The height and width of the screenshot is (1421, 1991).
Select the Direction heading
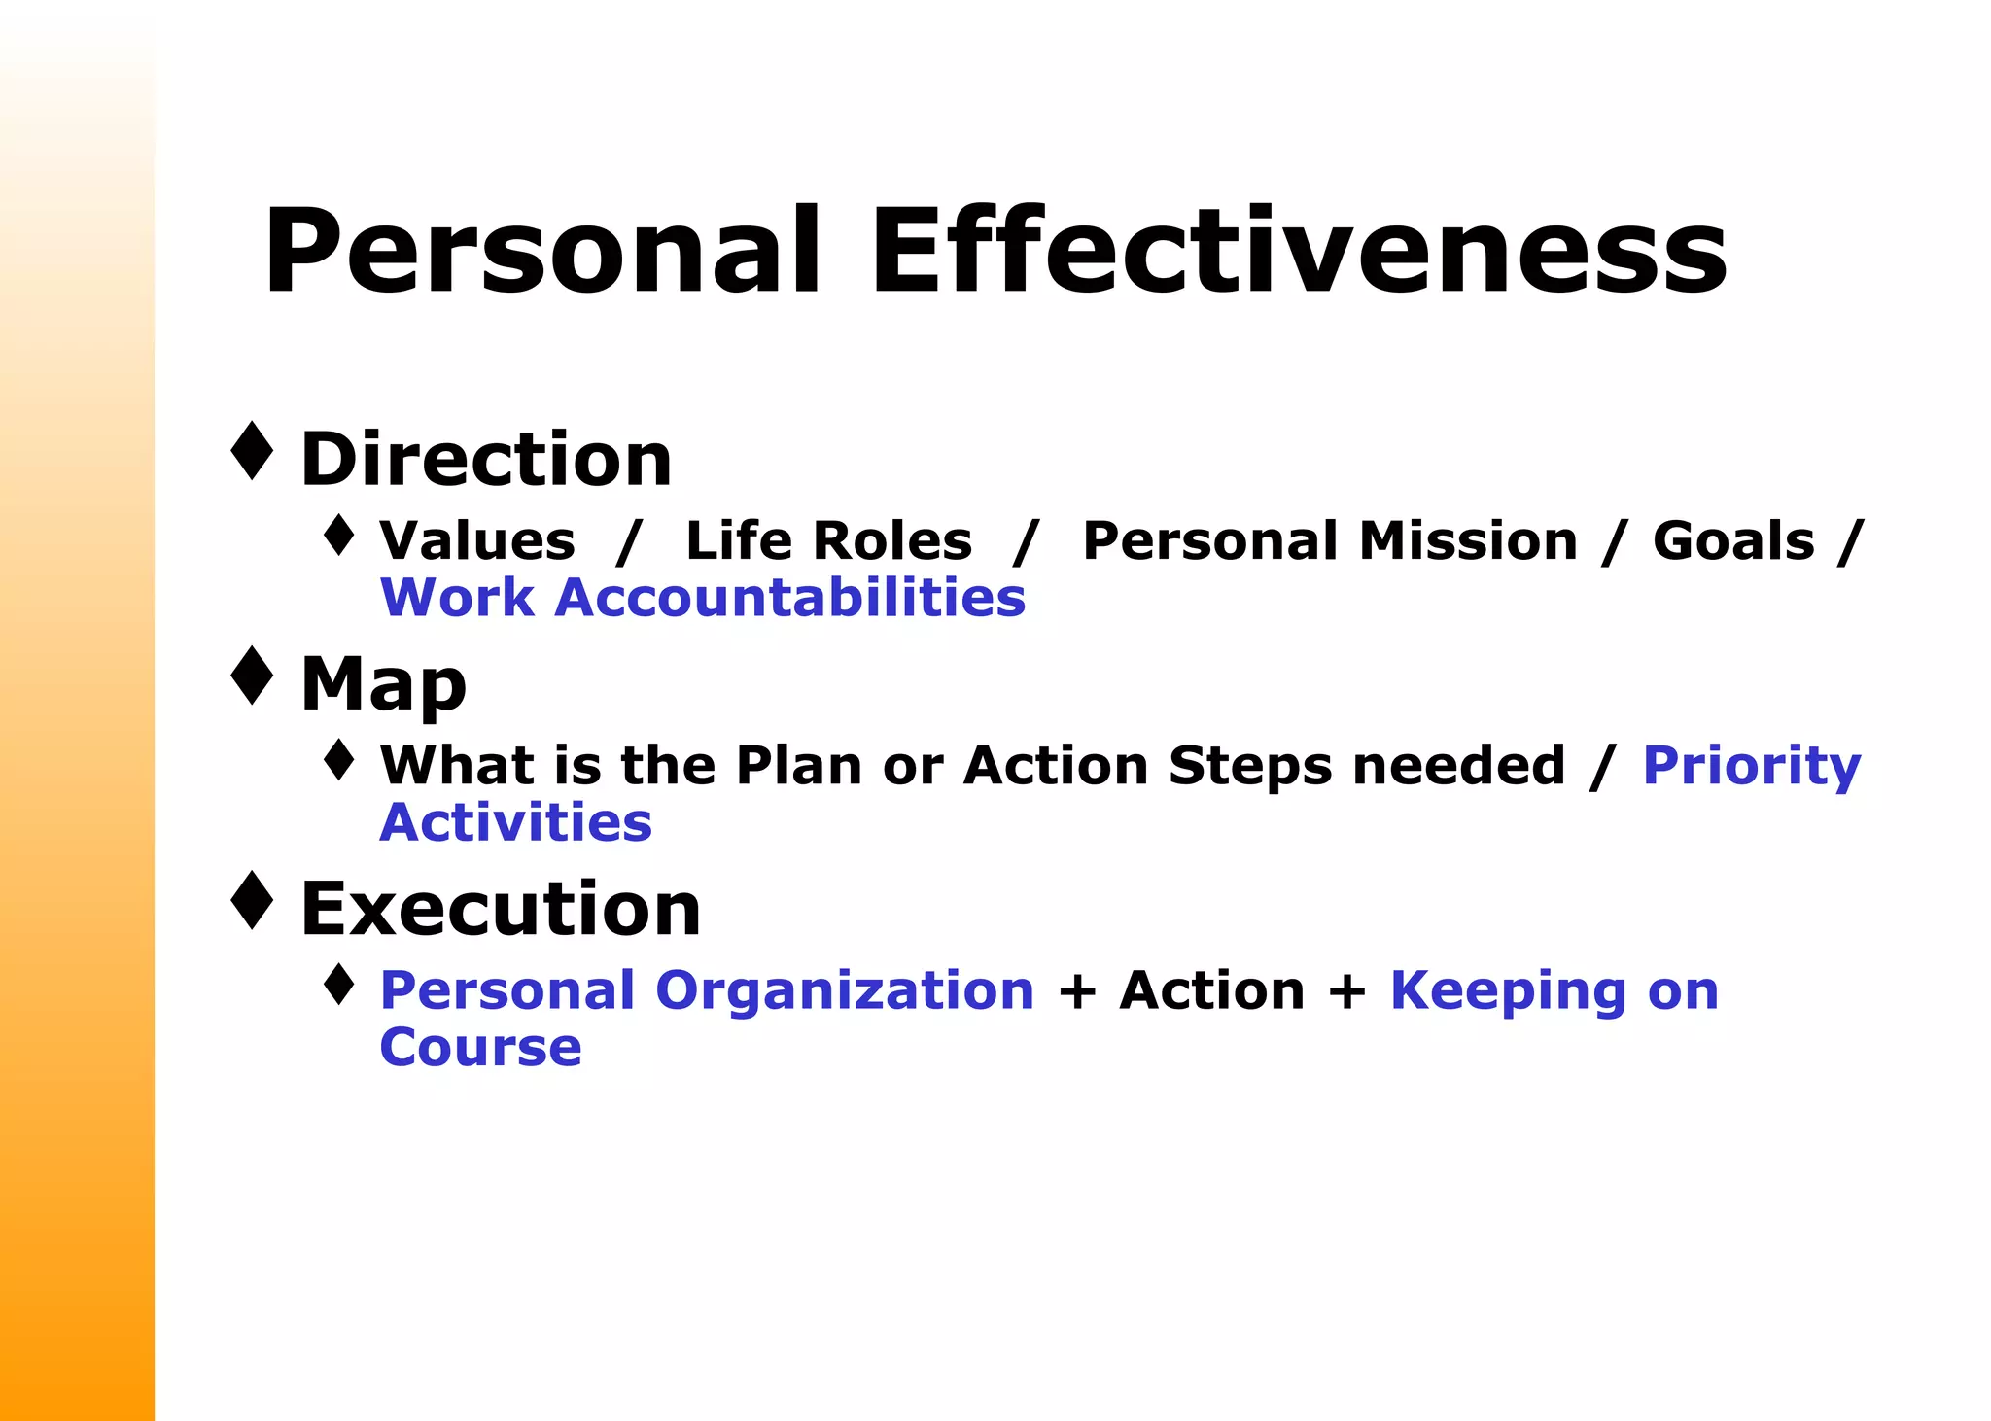pyautogui.click(x=486, y=459)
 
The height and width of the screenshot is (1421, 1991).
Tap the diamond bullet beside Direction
pyautogui.click(x=253, y=451)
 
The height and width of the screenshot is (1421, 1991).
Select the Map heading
pyautogui.click(x=384, y=684)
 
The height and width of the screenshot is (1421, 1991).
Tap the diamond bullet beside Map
pyautogui.click(x=253, y=676)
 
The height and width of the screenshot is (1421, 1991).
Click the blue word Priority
pyautogui.click(x=1751, y=767)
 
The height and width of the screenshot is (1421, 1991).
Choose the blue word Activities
pyautogui.click(x=515, y=822)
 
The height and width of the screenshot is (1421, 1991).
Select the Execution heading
pyautogui.click(x=501, y=909)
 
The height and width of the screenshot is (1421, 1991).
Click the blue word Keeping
pyautogui.click(x=1507, y=992)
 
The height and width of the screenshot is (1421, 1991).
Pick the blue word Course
pyautogui.click(x=480, y=1048)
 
